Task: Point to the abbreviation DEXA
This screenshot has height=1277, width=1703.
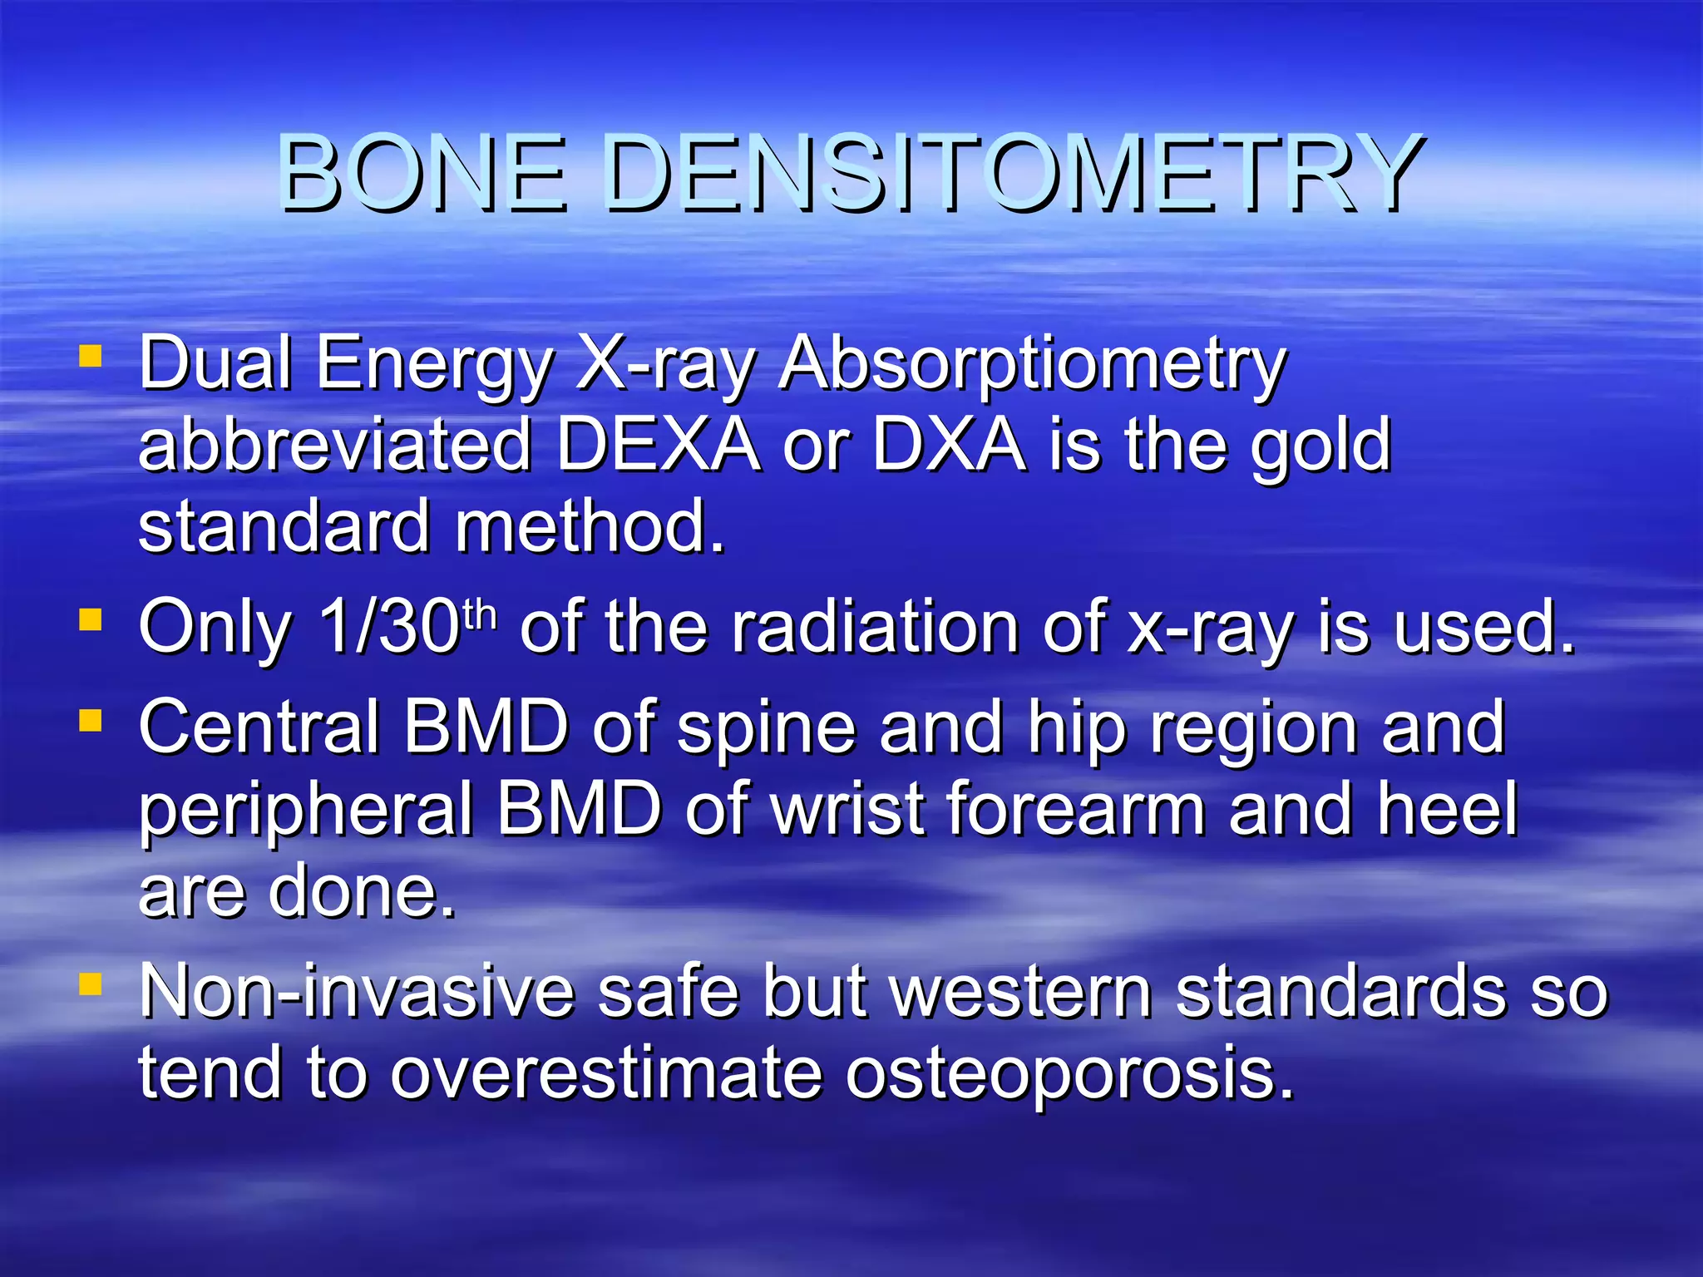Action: (658, 446)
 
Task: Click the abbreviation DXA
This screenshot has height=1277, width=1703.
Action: (949, 446)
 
